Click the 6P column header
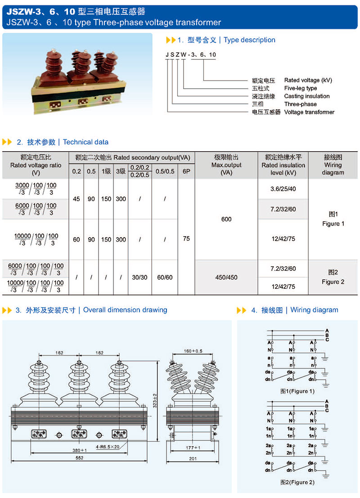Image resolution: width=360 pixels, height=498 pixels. coord(186,171)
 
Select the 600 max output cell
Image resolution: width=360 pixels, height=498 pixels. coord(226,219)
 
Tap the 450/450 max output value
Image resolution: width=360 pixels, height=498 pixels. coord(226,277)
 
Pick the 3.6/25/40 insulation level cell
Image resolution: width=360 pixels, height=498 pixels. coord(283,189)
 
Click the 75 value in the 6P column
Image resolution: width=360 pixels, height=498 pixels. coord(186,239)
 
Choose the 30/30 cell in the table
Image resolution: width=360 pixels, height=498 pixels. coord(140,278)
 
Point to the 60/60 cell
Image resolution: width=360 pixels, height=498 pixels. coord(164,278)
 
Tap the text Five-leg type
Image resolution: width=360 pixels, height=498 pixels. coord(301,88)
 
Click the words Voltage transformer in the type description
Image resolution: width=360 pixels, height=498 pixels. coord(309,112)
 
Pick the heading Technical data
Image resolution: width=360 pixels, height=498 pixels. coord(85,142)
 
